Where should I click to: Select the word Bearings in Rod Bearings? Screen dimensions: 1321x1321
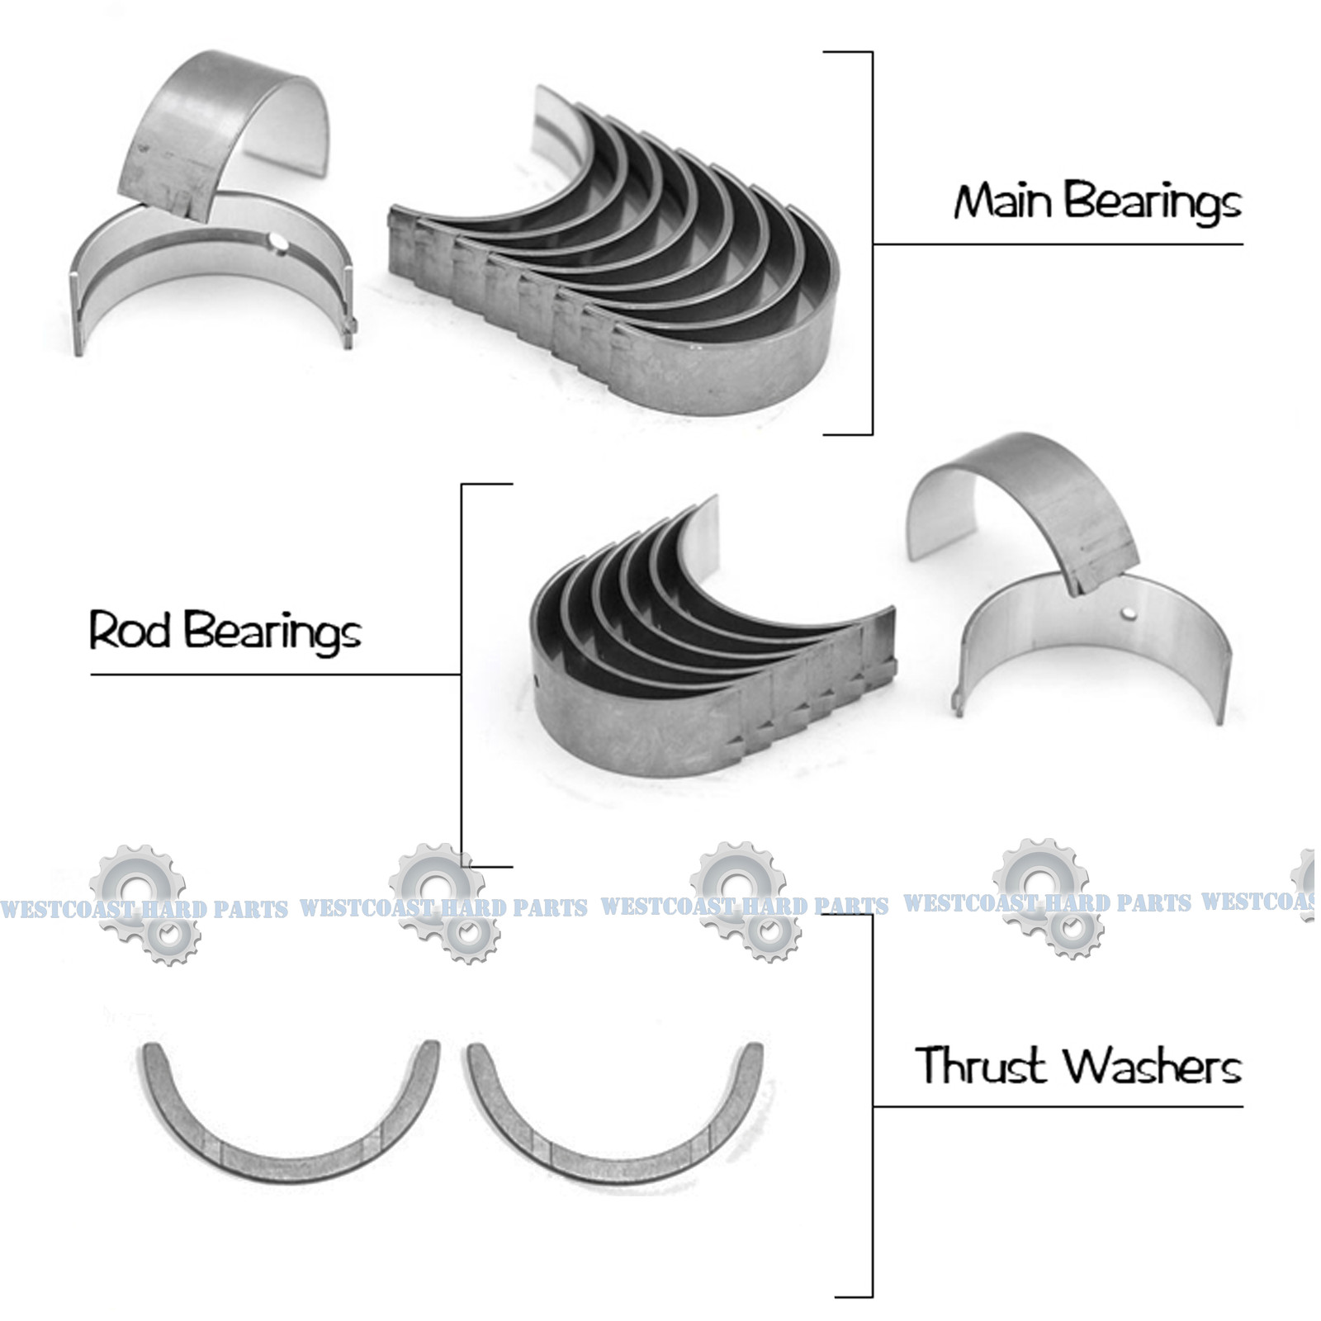272,633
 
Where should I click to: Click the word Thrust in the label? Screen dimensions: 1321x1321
981,1065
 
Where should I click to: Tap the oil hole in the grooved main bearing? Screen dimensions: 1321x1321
282,243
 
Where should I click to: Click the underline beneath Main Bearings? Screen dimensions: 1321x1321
1057,244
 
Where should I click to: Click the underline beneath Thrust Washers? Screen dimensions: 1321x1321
1057,1106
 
